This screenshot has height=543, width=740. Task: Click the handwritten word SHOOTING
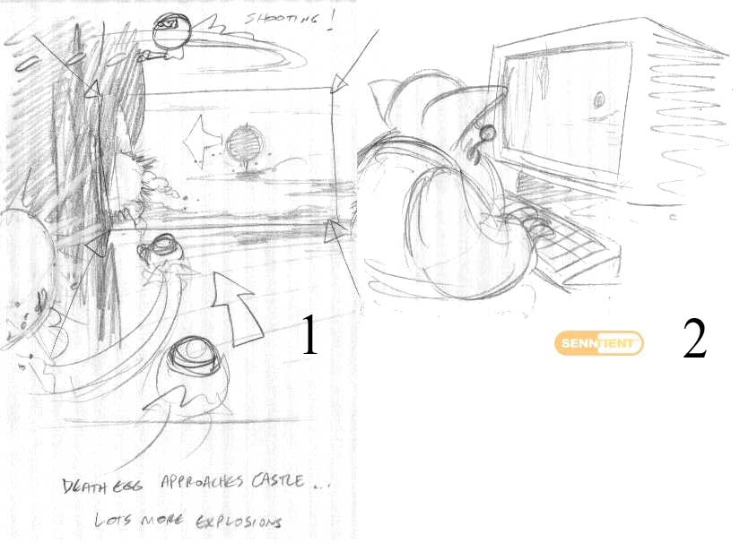click(x=282, y=20)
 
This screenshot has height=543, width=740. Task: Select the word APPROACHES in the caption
click(x=203, y=482)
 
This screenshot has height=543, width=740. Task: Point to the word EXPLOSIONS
click(x=239, y=521)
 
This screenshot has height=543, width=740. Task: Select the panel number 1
click(x=309, y=334)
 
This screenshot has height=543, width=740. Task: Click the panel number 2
click(x=694, y=338)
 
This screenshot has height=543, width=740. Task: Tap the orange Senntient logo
click(x=599, y=342)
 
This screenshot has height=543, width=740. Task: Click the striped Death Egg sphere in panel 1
click(x=243, y=142)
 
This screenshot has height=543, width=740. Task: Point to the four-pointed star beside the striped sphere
click(x=202, y=140)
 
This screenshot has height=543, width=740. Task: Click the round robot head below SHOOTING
click(x=172, y=30)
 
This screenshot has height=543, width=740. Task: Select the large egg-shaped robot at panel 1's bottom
click(x=194, y=375)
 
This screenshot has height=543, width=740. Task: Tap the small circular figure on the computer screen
click(x=599, y=100)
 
